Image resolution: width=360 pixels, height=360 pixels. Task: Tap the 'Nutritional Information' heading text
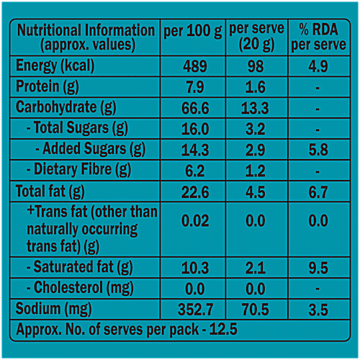pos(86,31)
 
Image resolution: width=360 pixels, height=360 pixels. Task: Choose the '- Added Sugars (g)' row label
pos(90,150)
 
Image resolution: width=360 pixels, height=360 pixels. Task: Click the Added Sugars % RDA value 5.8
pos(315,150)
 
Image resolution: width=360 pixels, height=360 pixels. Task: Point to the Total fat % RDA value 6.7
pos(315,192)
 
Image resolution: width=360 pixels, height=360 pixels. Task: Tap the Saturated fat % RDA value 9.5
pos(315,268)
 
